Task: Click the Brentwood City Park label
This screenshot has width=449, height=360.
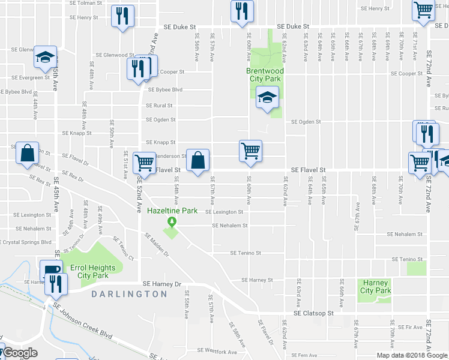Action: [x=265, y=74]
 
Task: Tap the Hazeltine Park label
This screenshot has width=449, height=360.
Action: [x=173, y=211]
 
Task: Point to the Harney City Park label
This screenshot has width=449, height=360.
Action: [x=375, y=287]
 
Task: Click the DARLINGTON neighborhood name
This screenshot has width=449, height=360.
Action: [x=129, y=294]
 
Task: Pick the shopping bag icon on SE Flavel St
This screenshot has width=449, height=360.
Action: [x=197, y=160]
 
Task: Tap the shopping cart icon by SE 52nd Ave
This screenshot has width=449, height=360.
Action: [x=144, y=162]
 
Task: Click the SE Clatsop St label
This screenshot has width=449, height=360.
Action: [x=313, y=313]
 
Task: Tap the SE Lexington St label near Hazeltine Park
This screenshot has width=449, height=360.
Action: [x=224, y=212]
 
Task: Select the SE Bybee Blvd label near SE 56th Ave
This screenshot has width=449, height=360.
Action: [x=164, y=90]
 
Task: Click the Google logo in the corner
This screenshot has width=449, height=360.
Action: [x=20, y=353]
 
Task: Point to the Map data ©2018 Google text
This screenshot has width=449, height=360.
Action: [x=412, y=355]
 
